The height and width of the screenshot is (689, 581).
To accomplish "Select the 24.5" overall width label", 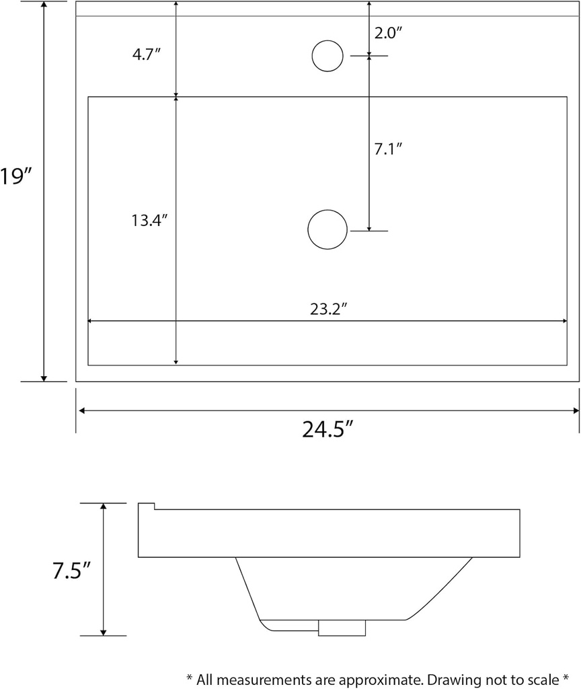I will tap(327, 429).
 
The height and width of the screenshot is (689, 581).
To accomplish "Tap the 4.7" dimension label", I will tap(146, 55).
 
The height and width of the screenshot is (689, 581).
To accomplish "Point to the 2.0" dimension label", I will tap(388, 33).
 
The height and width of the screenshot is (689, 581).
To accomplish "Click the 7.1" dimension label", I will tap(388, 149).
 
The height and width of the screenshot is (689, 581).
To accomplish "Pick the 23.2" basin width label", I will tap(327, 309).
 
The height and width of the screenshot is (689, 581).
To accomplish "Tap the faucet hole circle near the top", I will tap(328, 56).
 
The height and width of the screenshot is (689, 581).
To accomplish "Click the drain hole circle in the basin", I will tap(327, 229).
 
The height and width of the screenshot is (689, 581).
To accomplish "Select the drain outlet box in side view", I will tap(342, 628).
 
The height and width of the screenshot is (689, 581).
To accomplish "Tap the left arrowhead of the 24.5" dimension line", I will tap(81, 410).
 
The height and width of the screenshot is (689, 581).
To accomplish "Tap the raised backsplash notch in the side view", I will tap(147, 507).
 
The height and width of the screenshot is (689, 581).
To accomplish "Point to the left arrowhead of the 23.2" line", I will tap(92, 322).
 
